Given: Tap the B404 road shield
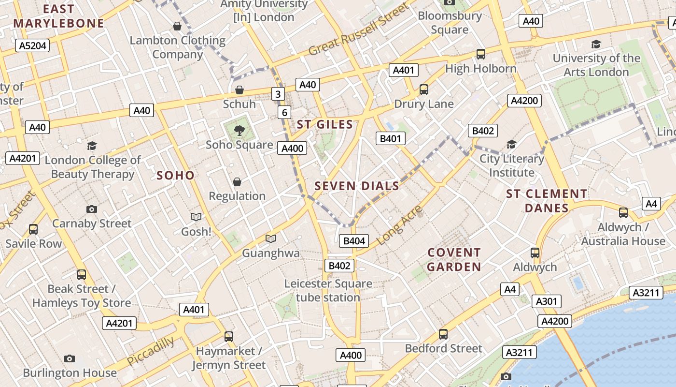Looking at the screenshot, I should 354,241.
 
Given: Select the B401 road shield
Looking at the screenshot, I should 390,139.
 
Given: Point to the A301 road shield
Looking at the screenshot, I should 547,301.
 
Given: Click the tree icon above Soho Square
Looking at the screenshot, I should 239,130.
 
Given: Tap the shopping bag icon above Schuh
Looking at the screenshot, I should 239,90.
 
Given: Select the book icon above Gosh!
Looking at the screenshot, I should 196,217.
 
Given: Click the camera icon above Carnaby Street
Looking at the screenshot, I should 91,209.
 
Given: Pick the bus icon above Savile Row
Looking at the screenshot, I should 33,229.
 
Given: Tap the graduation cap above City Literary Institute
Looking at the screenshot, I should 511,144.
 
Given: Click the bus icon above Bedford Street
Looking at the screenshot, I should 443,334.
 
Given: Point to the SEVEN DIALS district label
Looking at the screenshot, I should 357,186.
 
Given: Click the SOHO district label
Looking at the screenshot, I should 176,176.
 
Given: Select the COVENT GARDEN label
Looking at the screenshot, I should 454,260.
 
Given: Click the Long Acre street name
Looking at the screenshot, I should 399,224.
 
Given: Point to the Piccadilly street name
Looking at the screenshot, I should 151,351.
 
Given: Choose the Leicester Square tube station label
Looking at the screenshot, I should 328,290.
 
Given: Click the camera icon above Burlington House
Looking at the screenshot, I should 70,358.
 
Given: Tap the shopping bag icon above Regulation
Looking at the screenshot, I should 237,182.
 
